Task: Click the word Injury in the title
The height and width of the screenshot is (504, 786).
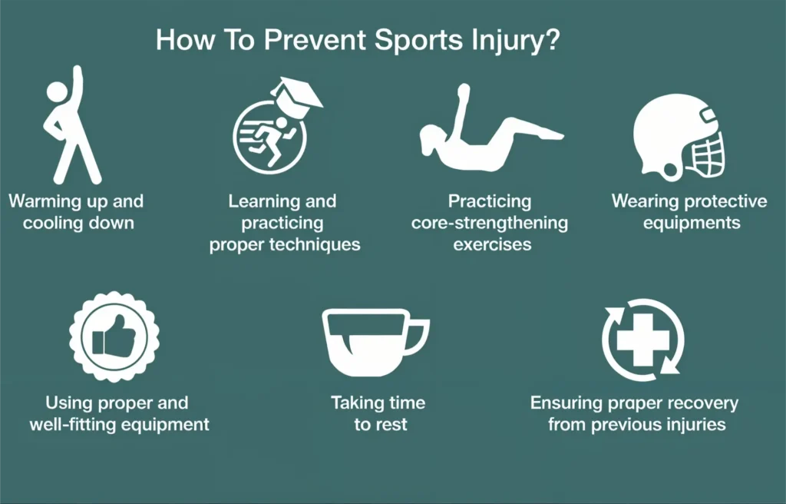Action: point(505,40)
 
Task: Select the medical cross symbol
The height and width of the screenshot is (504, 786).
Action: point(642,340)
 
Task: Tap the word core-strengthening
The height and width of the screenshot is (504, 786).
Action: point(490,223)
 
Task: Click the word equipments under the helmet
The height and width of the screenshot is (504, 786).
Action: point(692,223)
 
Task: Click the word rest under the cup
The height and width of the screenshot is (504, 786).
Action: point(394,425)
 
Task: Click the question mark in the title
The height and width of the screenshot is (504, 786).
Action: point(551,40)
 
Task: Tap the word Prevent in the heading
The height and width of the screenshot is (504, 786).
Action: point(315,40)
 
